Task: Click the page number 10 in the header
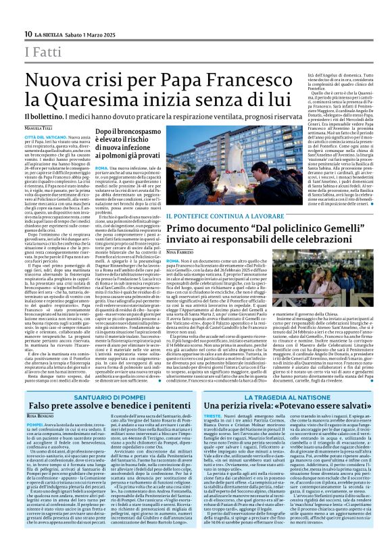click(x=28, y=34)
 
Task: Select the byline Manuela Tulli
click(x=39, y=128)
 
